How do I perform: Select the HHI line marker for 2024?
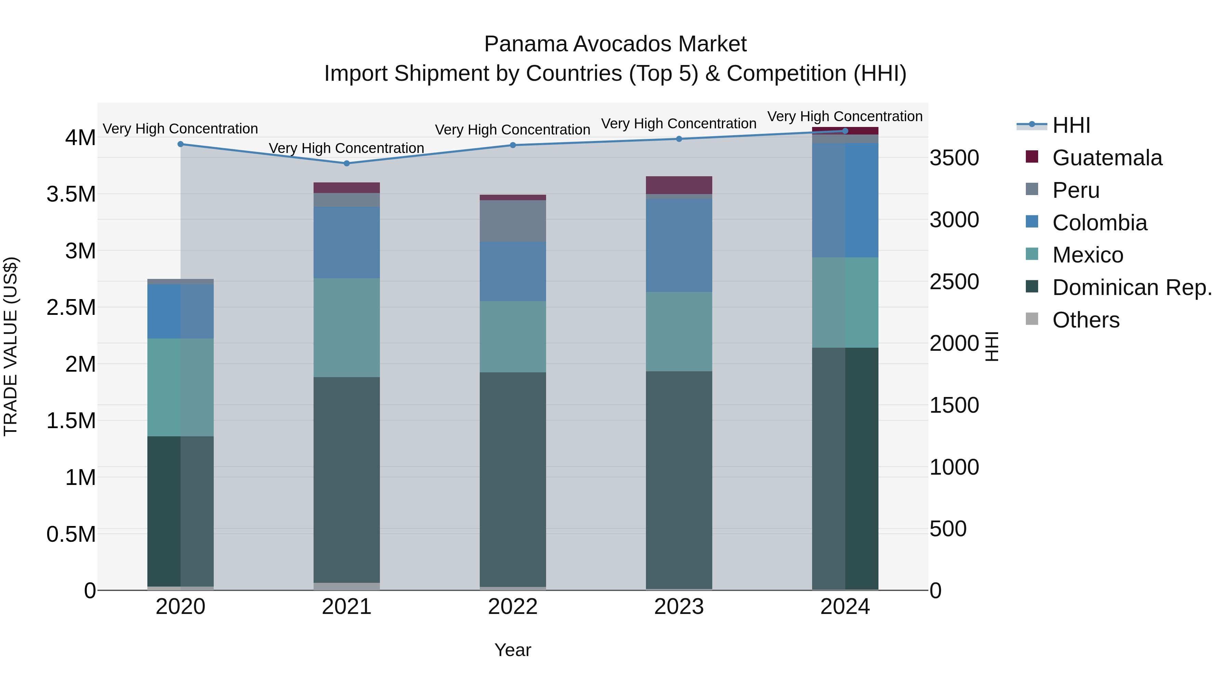[x=845, y=131]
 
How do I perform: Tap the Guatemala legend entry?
[x=1107, y=158]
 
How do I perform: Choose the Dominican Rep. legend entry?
[x=1131, y=287]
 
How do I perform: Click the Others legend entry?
[x=1085, y=320]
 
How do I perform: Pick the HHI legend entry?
[x=1071, y=125]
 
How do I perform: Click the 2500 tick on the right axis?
[x=954, y=282]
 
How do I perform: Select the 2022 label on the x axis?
[x=513, y=607]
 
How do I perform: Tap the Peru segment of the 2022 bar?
[x=513, y=221]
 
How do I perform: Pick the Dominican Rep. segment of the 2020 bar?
[x=180, y=511]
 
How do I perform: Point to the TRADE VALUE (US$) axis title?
[x=11, y=346]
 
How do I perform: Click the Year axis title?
[x=513, y=650]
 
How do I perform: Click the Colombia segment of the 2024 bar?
[x=845, y=200]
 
